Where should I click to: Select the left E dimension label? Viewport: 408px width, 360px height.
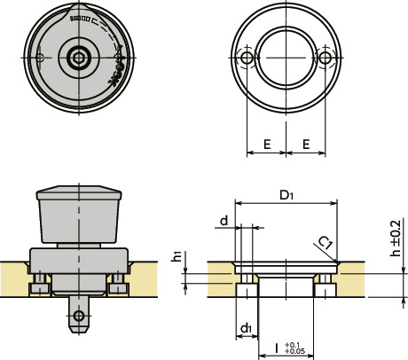266,143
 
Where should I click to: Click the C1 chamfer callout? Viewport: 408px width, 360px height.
326,242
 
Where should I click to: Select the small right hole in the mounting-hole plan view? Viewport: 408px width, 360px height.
326,57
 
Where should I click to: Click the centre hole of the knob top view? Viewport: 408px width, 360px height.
79,59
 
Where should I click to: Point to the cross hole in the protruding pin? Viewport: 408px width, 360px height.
80,314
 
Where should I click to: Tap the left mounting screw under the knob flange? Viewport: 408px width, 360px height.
40,286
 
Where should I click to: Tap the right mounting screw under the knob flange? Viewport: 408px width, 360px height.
118,286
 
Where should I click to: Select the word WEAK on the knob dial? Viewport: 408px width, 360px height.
115,75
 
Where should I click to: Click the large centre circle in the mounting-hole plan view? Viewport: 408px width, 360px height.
286,57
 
